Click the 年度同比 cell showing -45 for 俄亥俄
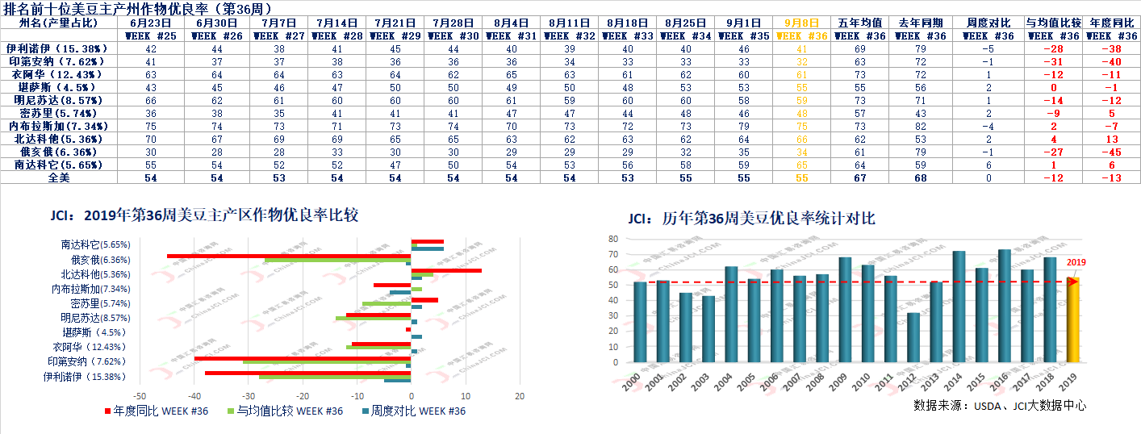1114,152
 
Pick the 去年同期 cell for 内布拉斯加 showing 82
917,127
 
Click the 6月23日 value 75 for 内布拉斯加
151,127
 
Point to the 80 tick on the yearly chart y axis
612,239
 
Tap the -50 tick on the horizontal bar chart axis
140,397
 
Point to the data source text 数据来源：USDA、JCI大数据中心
1000,405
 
